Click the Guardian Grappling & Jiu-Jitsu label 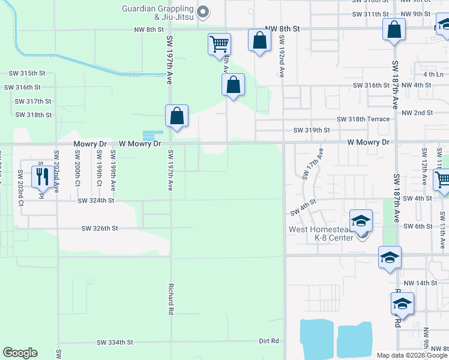coord(159,13)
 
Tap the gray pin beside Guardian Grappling coord(203,10)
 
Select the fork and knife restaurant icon coord(41,175)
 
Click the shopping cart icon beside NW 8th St coord(219,43)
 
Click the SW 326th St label coord(100,228)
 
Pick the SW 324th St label coord(95,200)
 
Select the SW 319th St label coord(312,130)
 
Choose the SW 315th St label coord(27,73)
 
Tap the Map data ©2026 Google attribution coord(411,355)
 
